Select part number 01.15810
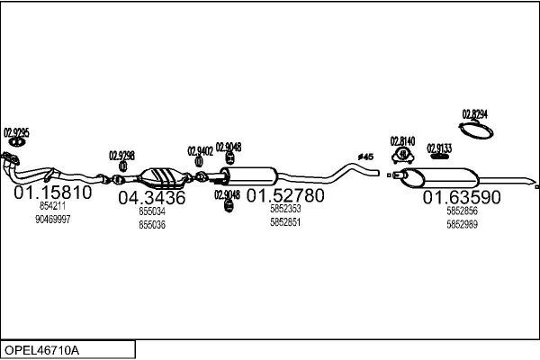click(52, 193)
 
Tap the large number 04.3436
click(151, 197)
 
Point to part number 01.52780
click(285, 194)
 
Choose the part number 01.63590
click(463, 196)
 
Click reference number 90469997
click(52, 219)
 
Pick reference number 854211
click(52, 207)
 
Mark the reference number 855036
click(152, 224)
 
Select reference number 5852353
click(285, 209)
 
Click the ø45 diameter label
click(364, 157)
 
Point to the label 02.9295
click(17, 132)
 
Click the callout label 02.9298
click(121, 155)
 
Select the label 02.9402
click(200, 150)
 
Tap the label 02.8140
click(402, 141)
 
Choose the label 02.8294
click(474, 114)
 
